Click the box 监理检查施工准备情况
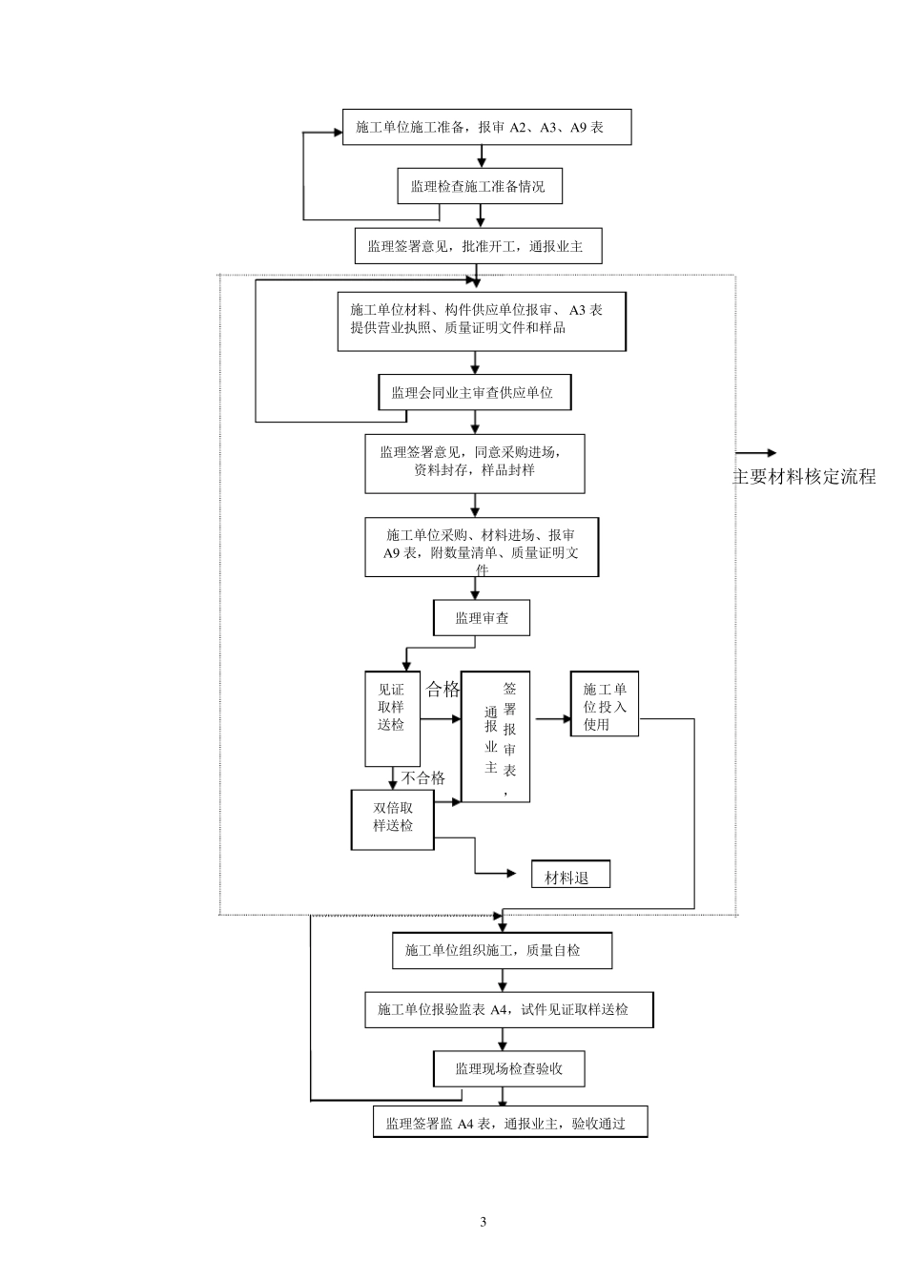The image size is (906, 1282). [479, 187]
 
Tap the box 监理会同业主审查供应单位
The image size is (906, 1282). [474, 392]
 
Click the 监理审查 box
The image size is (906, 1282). [482, 618]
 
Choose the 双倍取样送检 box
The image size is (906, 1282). [392, 818]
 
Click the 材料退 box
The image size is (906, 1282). [569, 877]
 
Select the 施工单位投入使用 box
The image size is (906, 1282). [605, 707]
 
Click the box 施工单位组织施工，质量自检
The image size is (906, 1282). [502, 950]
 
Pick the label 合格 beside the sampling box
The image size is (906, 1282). [443, 690]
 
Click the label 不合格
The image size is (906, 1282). [422, 777]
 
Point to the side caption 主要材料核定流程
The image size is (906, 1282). [803, 477]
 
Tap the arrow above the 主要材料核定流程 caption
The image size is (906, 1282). [757, 453]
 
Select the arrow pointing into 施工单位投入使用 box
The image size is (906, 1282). [553, 718]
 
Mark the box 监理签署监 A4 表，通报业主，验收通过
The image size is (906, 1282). [510, 1123]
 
